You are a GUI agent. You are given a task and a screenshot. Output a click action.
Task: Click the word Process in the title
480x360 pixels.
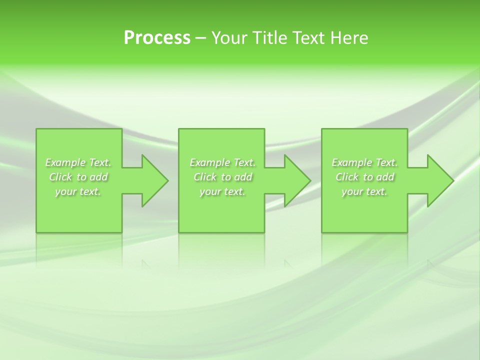tap(157, 38)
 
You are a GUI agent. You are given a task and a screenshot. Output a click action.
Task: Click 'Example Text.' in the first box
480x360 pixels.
tap(78, 162)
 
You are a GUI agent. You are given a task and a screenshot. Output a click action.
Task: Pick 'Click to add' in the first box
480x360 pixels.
tap(78, 177)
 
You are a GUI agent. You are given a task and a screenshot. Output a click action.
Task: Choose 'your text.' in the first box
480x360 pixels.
tap(78, 191)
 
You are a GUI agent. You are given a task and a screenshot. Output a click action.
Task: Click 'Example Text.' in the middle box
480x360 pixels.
tap(222, 162)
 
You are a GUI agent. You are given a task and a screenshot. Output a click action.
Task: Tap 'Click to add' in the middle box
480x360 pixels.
tap(222, 177)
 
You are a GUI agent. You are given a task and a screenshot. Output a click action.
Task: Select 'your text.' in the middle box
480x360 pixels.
tap(222, 191)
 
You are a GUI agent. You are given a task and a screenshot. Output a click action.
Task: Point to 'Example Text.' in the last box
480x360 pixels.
tap(364, 162)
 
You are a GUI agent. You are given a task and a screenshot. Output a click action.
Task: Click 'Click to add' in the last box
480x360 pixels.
tap(364, 177)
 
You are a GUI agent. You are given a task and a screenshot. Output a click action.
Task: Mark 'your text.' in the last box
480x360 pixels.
tap(364, 191)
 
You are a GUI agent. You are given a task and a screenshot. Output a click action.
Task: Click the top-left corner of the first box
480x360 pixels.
tap(36, 129)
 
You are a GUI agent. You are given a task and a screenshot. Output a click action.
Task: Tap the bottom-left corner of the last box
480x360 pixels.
tap(322, 232)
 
